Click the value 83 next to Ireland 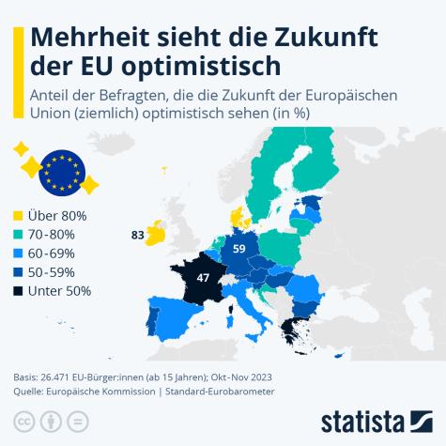pyautogui.click(x=137, y=236)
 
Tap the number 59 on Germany pyautogui.click(x=239, y=249)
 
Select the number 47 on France pyautogui.click(x=203, y=278)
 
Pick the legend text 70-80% pyautogui.click(x=57, y=235)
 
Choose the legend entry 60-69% pyautogui.click(x=57, y=254)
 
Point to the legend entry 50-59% pyautogui.click(x=57, y=272)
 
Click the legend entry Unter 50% pyautogui.click(x=61, y=291)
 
